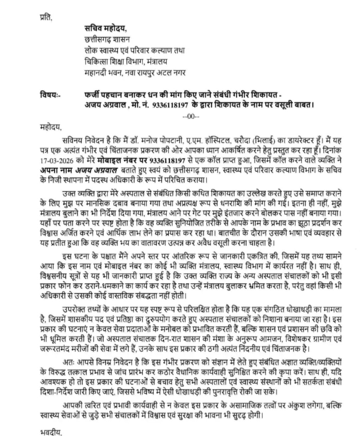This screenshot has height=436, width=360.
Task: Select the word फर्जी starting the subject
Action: click(94, 94)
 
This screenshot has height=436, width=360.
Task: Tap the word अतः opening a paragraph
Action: click(68, 361)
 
